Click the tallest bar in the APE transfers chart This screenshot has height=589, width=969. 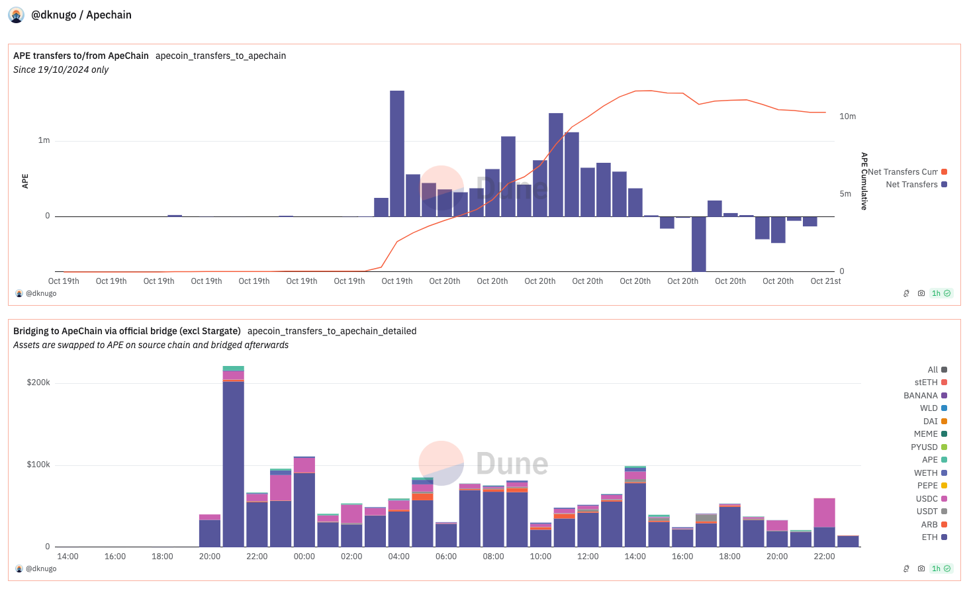(x=397, y=154)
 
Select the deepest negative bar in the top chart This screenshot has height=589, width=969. (x=698, y=244)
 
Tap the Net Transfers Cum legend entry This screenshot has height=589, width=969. (x=903, y=172)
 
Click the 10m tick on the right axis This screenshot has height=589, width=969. (x=847, y=116)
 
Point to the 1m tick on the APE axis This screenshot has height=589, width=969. (x=44, y=140)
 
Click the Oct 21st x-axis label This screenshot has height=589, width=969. (x=825, y=281)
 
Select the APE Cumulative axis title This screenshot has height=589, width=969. (x=864, y=181)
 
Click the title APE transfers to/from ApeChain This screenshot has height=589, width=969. (x=81, y=56)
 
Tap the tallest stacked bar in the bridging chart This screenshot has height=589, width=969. (x=233, y=457)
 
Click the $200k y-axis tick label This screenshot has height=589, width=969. (x=38, y=383)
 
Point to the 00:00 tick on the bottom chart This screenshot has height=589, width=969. (x=304, y=557)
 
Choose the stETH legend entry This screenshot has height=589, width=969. (x=926, y=383)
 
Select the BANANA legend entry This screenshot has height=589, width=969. (x=921, y=396)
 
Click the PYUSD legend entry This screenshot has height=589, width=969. (x=924, y=447)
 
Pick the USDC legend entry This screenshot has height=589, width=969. (x=927, y=499)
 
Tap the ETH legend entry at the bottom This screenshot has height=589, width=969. (x=929, y=537)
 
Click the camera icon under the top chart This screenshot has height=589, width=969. (x=921, y=293)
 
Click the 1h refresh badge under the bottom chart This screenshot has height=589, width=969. (x=941, y=568)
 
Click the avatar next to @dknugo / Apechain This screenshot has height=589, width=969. (x=17, y=15)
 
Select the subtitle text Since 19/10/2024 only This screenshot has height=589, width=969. (x=61, y=69)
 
